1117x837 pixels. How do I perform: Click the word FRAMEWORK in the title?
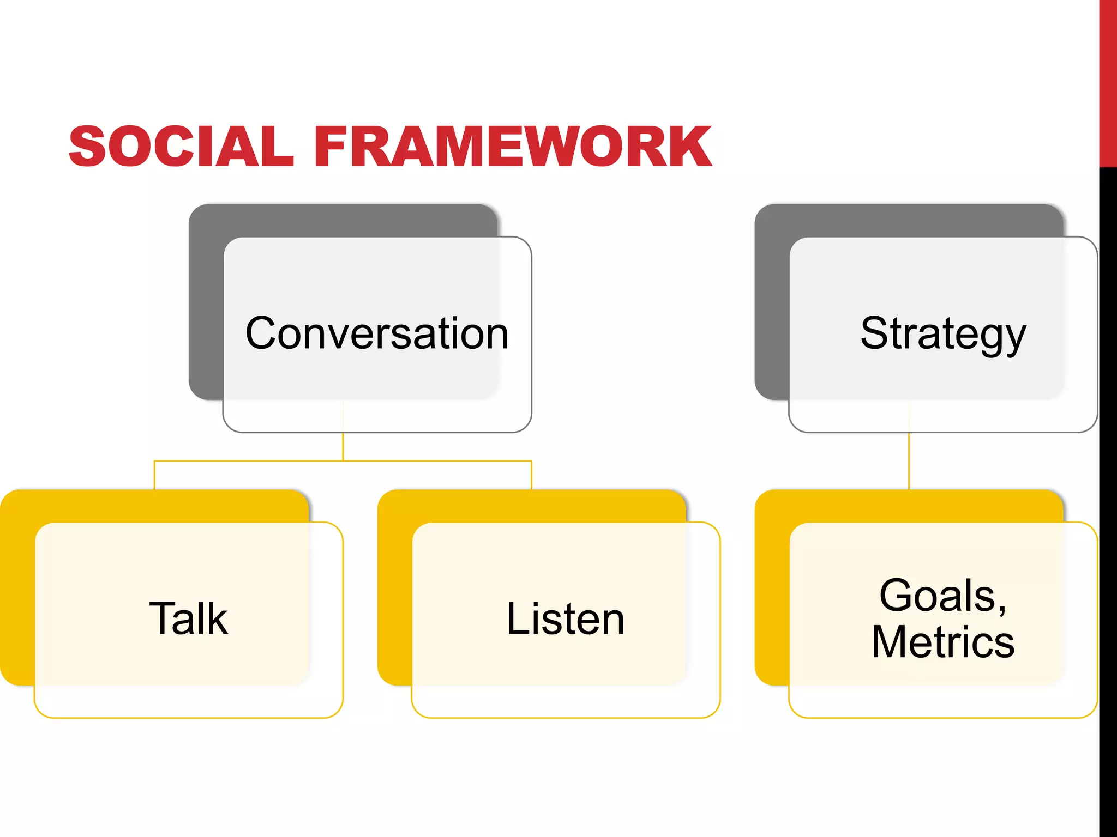tap(513, 146)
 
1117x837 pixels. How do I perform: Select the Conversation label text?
tap(377, 333)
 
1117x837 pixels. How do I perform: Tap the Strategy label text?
tap(943, 333)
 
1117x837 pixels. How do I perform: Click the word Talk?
tap(188, 618)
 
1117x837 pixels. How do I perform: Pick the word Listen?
tap(565, 618)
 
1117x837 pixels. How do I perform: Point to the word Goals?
tap(943, 595)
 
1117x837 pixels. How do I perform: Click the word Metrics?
tap(943, 642)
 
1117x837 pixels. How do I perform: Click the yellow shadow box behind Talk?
tap(17, 589)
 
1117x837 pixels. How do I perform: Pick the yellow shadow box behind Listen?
tap(394, 589)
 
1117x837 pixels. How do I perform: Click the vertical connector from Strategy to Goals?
tap(909, 461)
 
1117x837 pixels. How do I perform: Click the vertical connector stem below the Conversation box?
tap(343, 447)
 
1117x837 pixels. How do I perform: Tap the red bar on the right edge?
tap(1108, 82)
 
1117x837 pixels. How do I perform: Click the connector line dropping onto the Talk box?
tap(154, 475)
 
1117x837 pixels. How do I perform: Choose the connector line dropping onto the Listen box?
tap(531, 475)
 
